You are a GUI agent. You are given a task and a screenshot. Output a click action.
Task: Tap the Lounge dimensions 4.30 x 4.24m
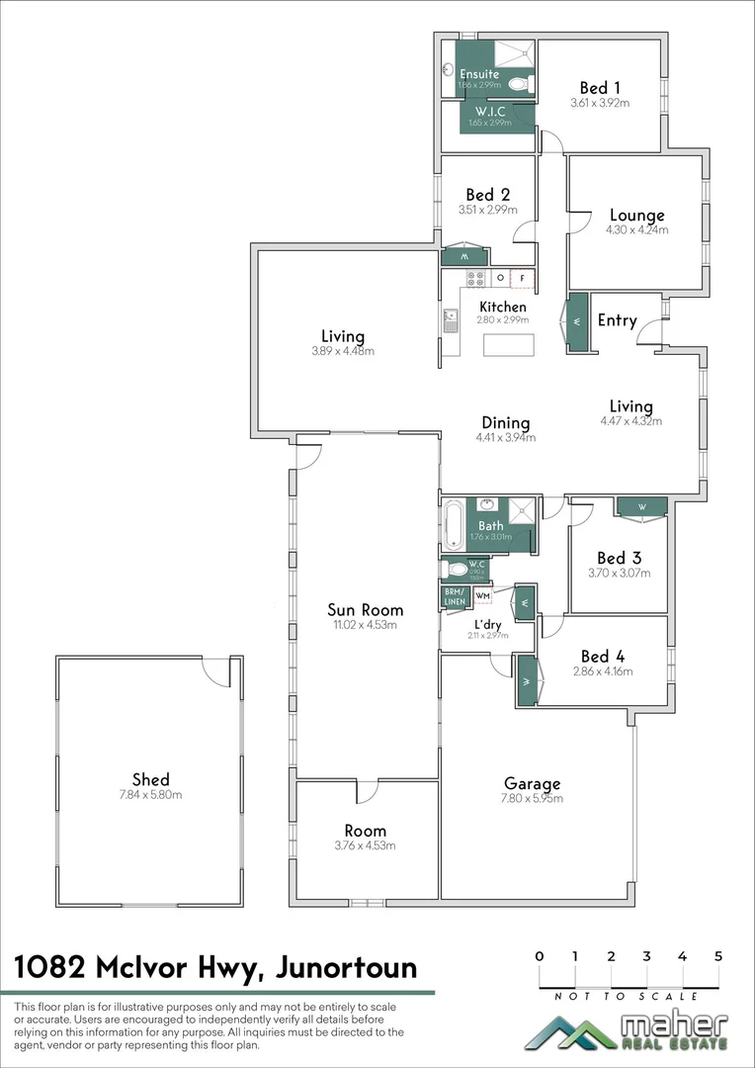click(x=636, y=229)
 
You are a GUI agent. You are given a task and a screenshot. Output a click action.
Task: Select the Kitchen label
click(x=503, y=307)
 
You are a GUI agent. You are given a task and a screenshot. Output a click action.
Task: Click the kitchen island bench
click(x=507, y=345)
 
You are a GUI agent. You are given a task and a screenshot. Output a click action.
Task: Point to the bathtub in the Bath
click(x=453, y=525)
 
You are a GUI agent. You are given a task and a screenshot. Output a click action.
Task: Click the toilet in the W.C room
click(x=457, y=569)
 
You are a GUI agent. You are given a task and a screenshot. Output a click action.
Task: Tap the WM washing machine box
click(x=483, y=596)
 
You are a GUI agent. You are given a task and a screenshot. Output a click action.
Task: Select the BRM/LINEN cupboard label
click(x=454, y=596)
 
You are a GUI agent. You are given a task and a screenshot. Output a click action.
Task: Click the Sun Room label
click(x=366, y=610)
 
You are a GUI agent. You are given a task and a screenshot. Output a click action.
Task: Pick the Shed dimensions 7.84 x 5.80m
click(x=151, y=794)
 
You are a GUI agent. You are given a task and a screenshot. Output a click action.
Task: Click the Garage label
click(x=532, y=783)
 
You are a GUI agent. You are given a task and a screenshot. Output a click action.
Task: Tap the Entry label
click(x=618, y=320)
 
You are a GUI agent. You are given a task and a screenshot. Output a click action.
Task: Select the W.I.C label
click(x=490, y=111)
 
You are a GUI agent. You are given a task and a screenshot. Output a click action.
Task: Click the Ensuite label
click(x=479, y=74)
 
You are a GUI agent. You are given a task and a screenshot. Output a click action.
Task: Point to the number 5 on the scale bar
click(x=718, y=956)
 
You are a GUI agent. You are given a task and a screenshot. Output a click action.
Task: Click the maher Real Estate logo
click(x=627, y=1032)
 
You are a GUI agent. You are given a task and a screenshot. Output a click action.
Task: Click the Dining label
click(x=505, y=423)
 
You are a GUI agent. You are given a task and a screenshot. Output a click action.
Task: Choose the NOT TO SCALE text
click(x=629, y=997)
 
